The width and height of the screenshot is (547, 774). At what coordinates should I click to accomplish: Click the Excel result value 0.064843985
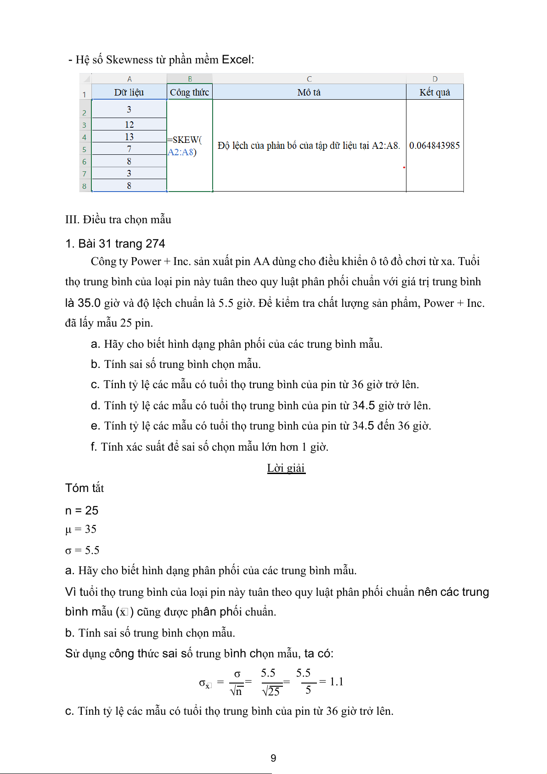434,146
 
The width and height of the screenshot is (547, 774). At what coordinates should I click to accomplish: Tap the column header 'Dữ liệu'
129,92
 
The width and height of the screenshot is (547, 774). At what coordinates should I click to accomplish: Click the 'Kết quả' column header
434,92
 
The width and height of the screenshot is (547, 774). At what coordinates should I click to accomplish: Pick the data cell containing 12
129,124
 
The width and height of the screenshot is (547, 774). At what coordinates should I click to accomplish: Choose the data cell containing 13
129,137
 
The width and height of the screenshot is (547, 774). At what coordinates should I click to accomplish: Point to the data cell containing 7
129,149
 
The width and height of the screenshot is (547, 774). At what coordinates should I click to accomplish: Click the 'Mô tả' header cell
309,92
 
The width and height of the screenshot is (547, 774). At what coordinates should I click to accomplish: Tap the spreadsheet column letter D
435,79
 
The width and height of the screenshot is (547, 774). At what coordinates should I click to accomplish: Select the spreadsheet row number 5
85,150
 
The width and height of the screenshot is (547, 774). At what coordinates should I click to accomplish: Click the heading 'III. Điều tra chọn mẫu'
118,220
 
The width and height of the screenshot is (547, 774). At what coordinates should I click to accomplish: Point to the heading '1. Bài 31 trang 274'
115,243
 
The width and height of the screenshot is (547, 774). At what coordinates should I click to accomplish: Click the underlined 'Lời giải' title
286,468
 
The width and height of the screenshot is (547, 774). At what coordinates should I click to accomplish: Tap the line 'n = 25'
82,510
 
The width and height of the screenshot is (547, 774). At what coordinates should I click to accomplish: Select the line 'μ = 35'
81,529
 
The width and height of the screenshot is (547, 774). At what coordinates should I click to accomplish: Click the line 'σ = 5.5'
82,550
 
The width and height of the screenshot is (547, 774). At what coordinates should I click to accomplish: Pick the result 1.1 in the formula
337,682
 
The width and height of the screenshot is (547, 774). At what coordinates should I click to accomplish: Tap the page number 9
273,758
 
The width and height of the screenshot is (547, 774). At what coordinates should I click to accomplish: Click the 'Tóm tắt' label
85,488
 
